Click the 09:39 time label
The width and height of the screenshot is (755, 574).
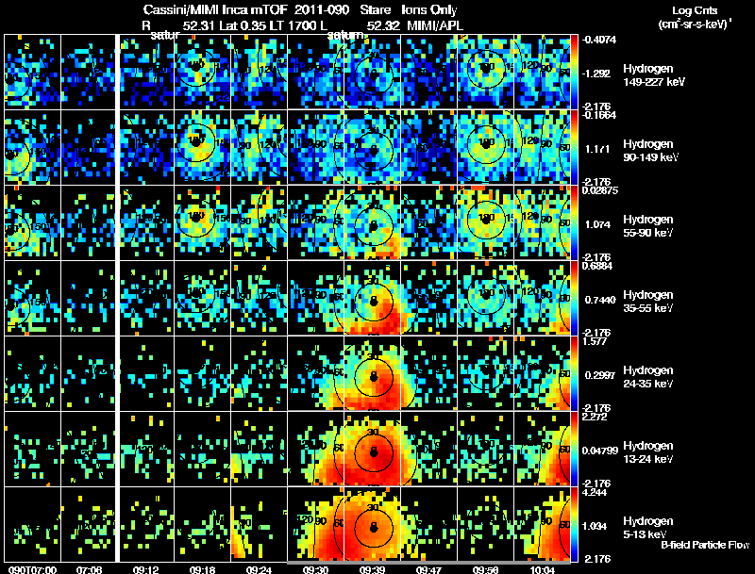pyautogui.click(x=373, y=569)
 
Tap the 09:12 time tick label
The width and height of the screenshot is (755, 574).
pyautogui.click(x=145, y=569)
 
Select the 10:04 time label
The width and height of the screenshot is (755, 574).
pyautogui.click(x=541, y=569)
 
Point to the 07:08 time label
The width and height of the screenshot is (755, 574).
pyautogui.click(x=89, y=569)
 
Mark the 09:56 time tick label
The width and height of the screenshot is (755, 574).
pyautogui.click(x=485, y=569)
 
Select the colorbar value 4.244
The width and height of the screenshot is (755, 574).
pyautogui.click(x=597, y=492)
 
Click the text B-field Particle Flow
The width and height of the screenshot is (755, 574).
pyautogui.click(x=704, y=545)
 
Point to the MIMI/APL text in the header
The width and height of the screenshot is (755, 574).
pyautogui.click(x=428, y=27)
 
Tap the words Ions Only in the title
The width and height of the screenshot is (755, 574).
pyautogui.click(x=429, y=10)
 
